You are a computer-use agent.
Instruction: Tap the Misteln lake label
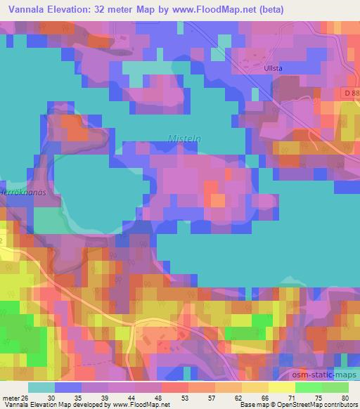(184, 139)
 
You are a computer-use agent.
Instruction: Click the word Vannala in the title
(27, 8)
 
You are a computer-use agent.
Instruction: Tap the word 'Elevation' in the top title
(74, 8)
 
